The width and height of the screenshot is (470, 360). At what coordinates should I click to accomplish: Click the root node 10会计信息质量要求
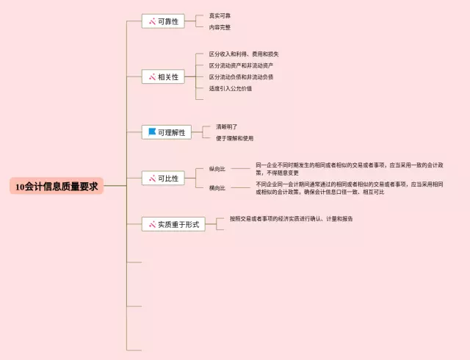pyautogui.click(x=57, y=187)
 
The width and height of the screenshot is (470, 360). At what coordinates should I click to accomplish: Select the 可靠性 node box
pyautogui.click(x=163, y=21)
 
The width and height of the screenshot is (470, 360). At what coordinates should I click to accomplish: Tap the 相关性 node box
pyautogui.click(x=163, y=76)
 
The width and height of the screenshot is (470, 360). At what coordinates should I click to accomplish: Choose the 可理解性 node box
pyautogui.click(x=167, y=132)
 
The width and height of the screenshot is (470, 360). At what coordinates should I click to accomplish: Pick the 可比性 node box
pyautogui.click(x=163, y=178)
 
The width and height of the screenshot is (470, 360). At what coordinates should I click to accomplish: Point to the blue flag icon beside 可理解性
pyautogui.click(x=152, y=132)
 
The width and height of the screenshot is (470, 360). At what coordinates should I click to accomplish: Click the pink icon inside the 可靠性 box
pyautogui.click(x=152, y=21)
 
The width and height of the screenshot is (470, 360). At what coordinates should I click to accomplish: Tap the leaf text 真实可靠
pyautogui.click(x=220, y=15)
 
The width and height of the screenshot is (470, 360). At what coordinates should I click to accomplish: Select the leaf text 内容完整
pyautogui.click(x=220, y=27)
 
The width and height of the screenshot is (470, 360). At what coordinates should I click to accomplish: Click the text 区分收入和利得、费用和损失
pyautogui.click(x=243, y=54)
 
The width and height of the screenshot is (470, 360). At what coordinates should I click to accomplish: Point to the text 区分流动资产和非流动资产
pyautogui.click(x=241, y=65)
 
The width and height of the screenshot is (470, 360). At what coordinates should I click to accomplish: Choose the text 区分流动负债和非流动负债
pyautogui.click(x=241, y=76)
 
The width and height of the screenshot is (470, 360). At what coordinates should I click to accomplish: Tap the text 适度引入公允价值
pyautogui.click(x=230, y=88)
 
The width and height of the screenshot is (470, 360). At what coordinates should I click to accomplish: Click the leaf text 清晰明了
pyautogui.click(x=226, y=126)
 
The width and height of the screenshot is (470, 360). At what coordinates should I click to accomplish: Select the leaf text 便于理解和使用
pyautogui.click(x=234, y=138)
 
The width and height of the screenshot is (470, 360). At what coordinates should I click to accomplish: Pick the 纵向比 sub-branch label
pyautogui.click(x=217, y=169)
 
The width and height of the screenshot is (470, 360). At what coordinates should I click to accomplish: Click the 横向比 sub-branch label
pyautogui.click(x=217, y=188)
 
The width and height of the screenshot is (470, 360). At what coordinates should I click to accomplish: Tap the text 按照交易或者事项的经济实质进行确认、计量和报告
pyautogui.click(x=291, y=219)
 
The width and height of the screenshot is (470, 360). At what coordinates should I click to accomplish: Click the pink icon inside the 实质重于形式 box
pyautogui.click(x=152, y=224)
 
